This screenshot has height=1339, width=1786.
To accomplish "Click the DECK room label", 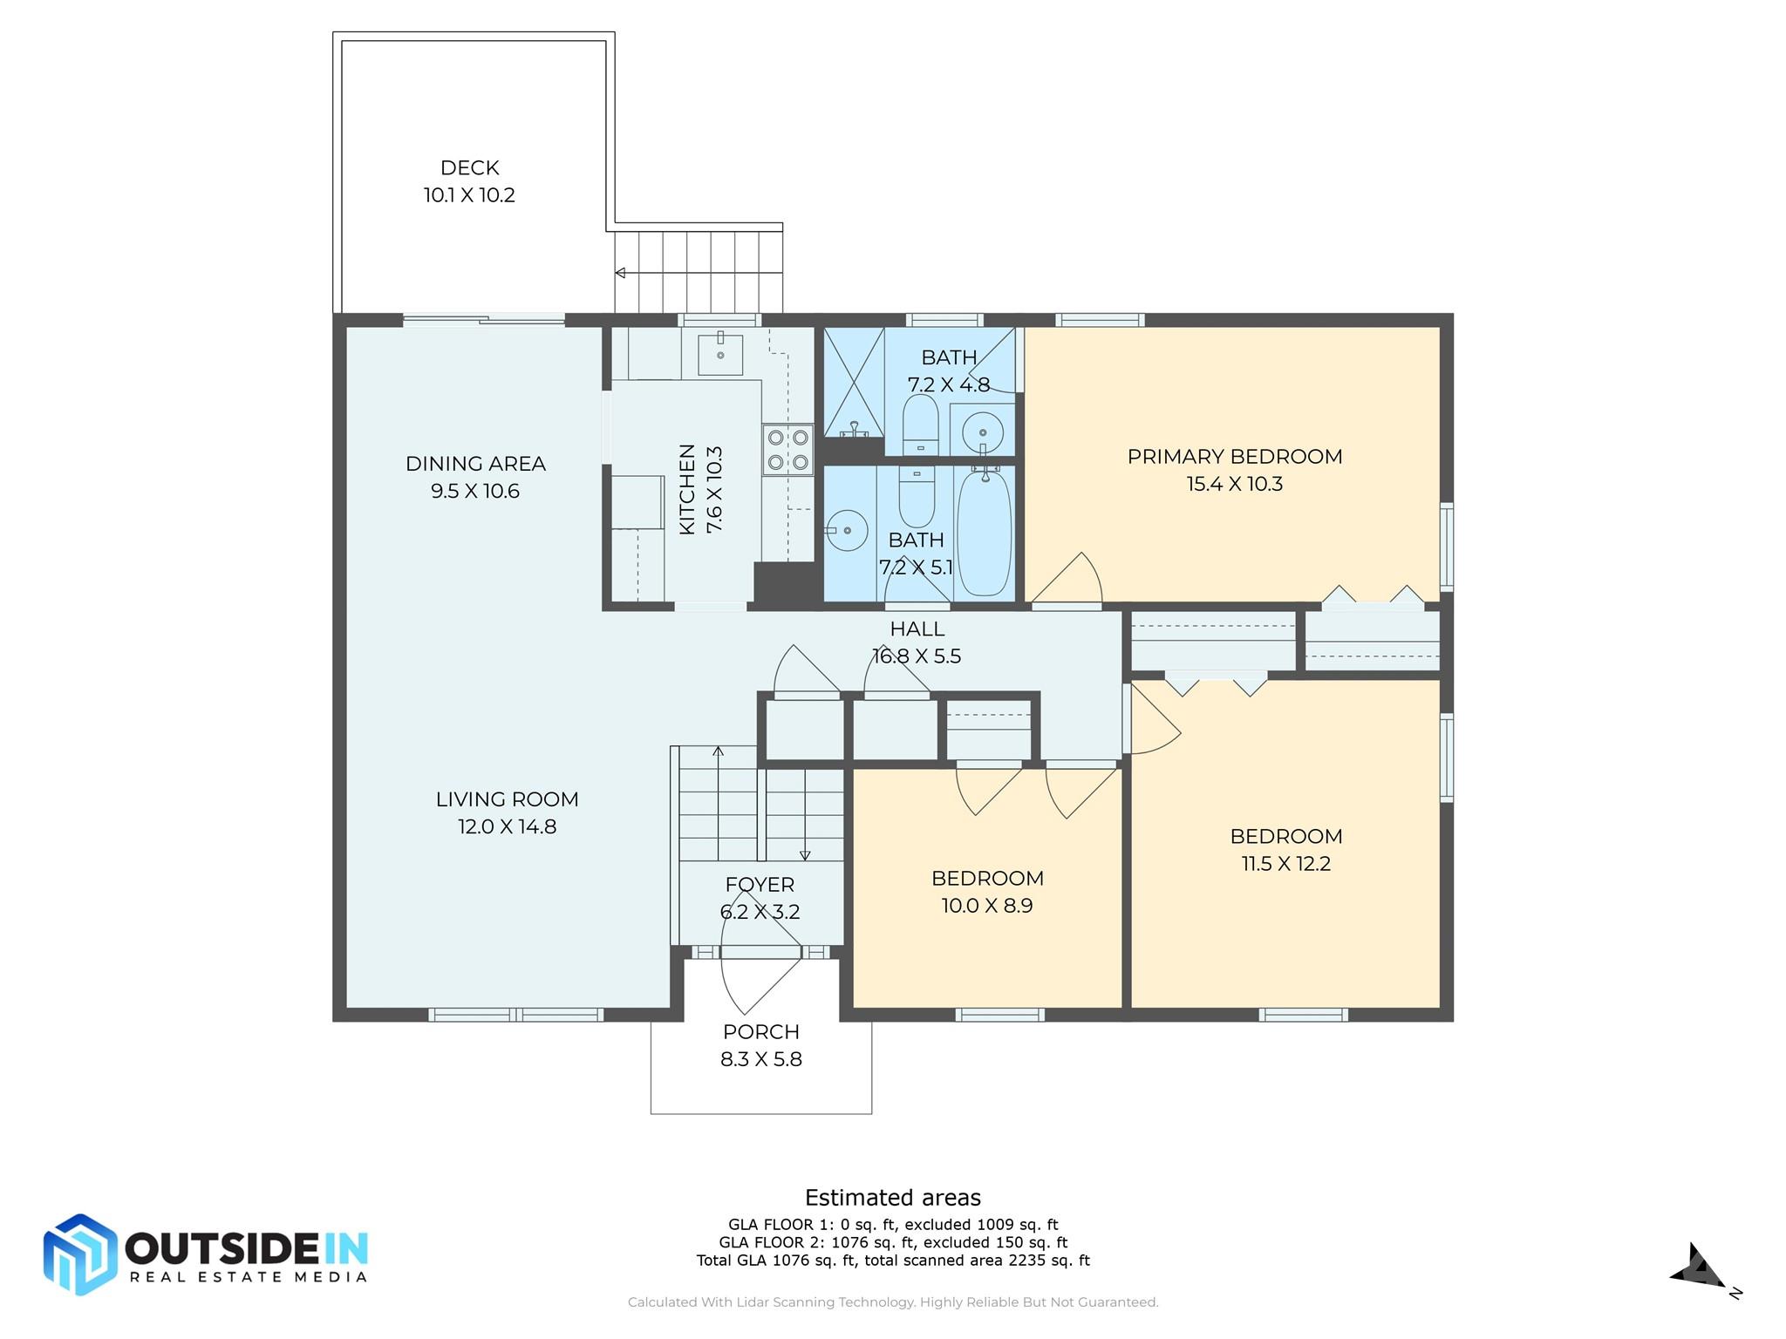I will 469,167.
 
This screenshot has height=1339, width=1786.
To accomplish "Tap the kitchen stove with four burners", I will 787,450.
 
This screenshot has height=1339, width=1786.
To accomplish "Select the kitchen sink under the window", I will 720,354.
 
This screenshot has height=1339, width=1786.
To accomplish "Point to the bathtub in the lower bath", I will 985,532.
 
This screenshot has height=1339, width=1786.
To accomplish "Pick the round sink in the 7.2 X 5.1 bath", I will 847,529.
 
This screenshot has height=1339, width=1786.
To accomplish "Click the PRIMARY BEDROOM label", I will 1234,457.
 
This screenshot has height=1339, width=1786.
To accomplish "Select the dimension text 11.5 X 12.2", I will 1285,864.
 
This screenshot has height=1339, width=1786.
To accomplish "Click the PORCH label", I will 760,1032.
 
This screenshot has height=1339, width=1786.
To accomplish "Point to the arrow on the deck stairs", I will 620,273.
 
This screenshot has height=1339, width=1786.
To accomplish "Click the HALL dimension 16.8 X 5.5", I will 917,656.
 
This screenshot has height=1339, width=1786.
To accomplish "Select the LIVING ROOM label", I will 507,799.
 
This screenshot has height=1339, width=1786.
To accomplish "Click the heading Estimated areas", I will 892,1198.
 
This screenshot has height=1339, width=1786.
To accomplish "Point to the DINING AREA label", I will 475,464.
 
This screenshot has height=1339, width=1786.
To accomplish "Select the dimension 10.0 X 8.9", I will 986,906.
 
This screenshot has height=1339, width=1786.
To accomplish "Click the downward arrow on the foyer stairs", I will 805,854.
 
